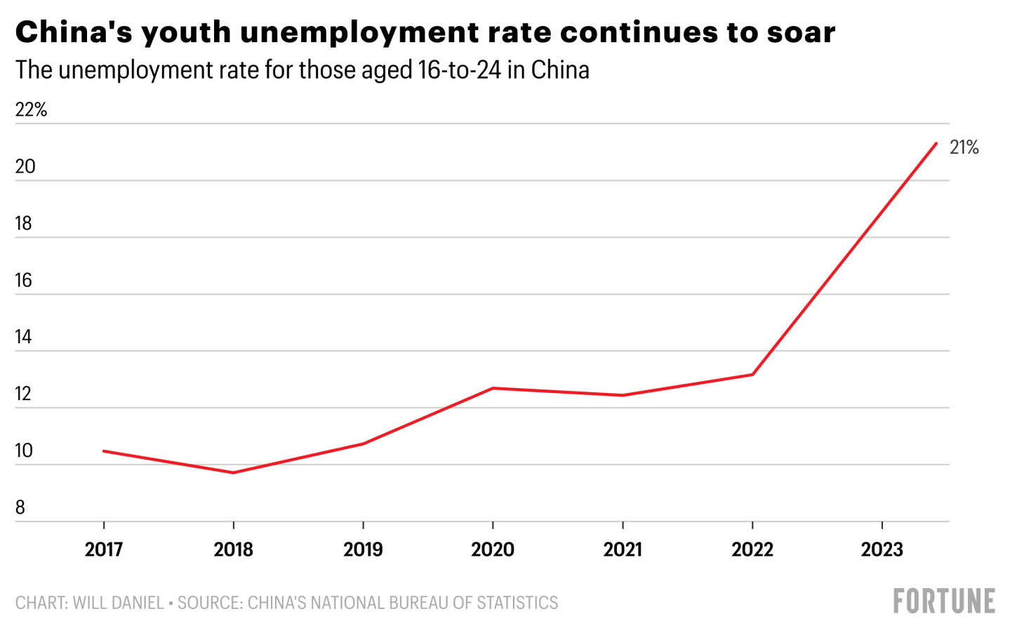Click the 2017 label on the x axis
[x=104, y=549]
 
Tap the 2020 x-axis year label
[x=493, y=549]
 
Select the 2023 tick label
[x=882, y=549]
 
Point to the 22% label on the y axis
[x=32, y=110]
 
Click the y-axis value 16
[x=24, y=281]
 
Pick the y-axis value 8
[x=20, y=507]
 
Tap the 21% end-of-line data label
[x=964, y=147]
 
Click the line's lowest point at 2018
[x=233, y=472]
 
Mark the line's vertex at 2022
[x=752, y=375]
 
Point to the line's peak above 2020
[x=493, y=388]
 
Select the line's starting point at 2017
[x=104, y=451]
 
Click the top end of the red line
[x=936, y=143]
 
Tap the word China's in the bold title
[x=74, y=32]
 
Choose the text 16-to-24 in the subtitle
[x=460, y=70]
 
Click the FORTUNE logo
[x=944, y=601]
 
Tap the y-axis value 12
[x=23, y=394]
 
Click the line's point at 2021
[x=623, y=395]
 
